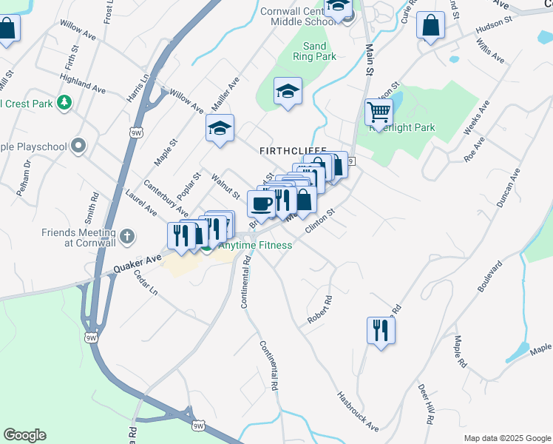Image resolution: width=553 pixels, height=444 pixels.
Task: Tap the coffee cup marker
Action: [260, 203]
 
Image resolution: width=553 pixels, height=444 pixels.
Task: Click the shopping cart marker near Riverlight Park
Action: [379, 112]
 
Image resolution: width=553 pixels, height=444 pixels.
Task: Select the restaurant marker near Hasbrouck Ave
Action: [381, 330]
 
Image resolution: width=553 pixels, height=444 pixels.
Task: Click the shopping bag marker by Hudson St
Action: [430, 25]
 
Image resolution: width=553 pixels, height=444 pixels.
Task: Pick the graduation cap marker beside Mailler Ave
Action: [220, 128]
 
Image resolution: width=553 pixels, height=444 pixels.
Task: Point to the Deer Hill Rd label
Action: [424, 403]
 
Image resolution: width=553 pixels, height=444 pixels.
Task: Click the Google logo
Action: [24, 435]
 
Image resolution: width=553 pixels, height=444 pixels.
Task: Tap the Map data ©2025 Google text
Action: [506, 438]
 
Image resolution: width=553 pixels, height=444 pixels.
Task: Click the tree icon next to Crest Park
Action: [65, 102]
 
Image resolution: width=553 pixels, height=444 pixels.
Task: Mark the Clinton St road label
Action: [320, 221]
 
